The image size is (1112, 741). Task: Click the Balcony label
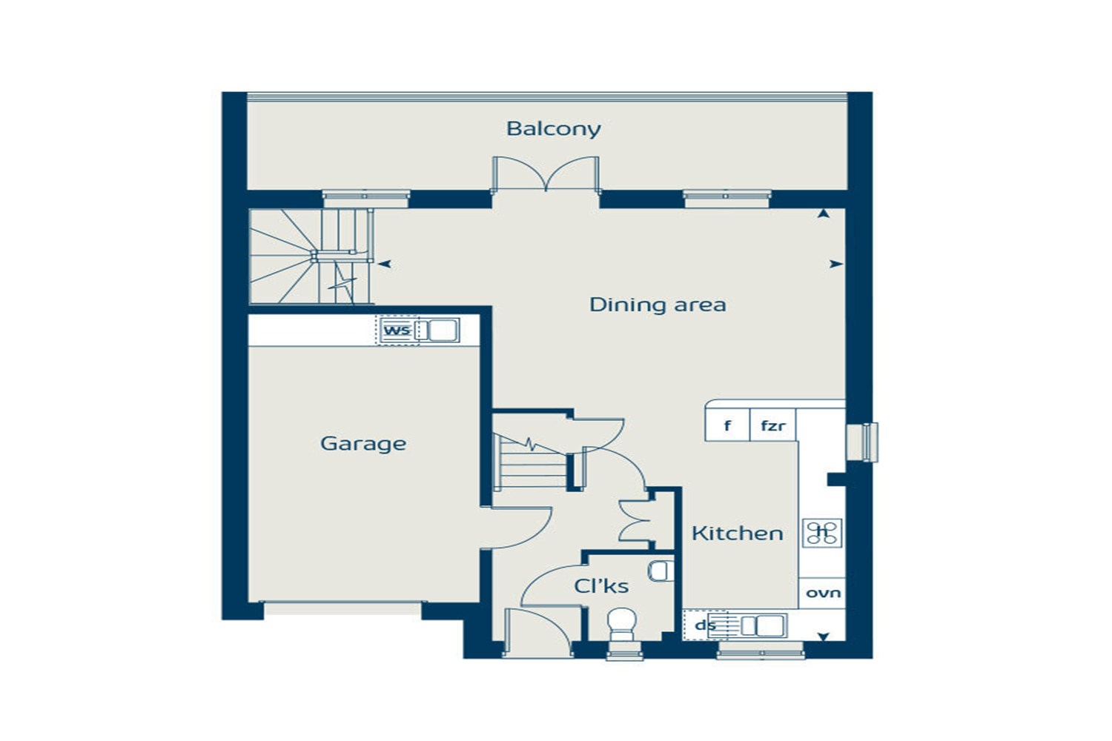(x=554, y=129)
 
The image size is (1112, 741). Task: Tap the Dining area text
(x=658, y=305)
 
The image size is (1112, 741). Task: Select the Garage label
(x=363, y=444)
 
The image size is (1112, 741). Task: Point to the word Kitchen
(x=738, y=534)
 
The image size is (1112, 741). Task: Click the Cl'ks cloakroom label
(x=601, y=586)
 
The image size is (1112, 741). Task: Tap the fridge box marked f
(x=727, y=425)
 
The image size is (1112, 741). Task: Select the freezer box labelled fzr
(x=773, y=425)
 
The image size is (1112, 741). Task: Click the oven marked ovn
(x=823, y=593)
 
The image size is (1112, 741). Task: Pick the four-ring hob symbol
(x=823, y=534)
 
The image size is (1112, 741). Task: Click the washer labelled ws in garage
(x=398, y=330)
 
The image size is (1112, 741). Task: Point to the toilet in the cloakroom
(x=622, y=625)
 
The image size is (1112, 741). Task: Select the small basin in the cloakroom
(x=661, y=571)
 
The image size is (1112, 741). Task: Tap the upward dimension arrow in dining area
(x=824, y=214)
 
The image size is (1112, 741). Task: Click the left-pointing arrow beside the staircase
(x=384, y=264)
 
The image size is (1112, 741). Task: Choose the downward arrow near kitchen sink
(x=824, y=637)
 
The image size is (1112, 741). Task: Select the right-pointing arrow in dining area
(x=836, y=264)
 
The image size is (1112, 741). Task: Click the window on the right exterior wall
(x=863, y=442)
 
